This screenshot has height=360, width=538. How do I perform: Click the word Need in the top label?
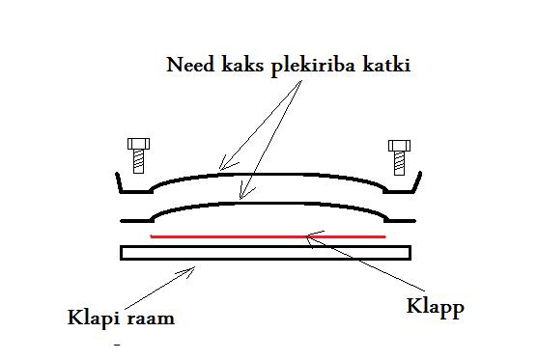pyautogui.click(x=190, y=65)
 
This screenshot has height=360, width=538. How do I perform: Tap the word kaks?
pyautogui.click(x=242, y=65)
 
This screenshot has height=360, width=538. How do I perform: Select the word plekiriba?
pyautogui.click(x=313, y=66)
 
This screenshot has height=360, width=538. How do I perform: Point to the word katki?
pyautogui.click(x=386, y=65)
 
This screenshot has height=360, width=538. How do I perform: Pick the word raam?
pyautogui.click(x=151, y=318)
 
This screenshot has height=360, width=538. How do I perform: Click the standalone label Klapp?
pyautogui.click(x=435, y=307)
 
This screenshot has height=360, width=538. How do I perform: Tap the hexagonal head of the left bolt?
pyautogui.click(x=139, y=144)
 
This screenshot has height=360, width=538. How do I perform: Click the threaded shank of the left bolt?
pyautogui.click(x=138, y=161)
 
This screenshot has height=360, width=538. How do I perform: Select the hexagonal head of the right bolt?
pyautogui.click(x=399, y=146)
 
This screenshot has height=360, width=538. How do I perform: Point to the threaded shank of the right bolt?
pyautogui.click(x=399, y=163)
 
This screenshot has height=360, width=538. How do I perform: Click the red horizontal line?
pyautogui.click(x=269, y=236)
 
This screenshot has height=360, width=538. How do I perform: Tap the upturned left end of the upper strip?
pyautogui.click(x=119, y=181)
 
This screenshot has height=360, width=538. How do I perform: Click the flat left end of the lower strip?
pyautogui.click(x=136, y=221)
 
